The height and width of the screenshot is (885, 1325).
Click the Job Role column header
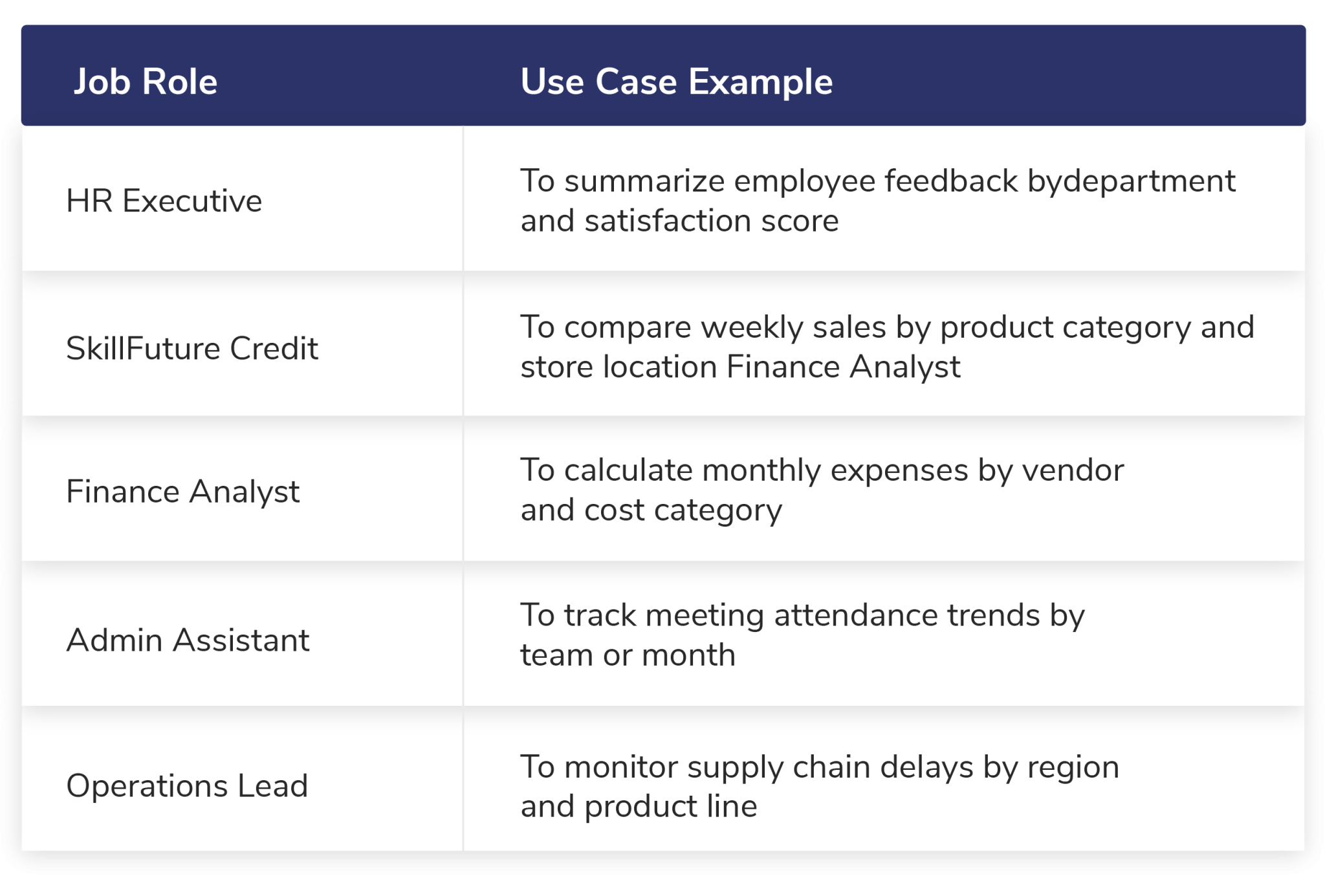click(146, 82)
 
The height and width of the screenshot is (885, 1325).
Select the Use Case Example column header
click(676, 82)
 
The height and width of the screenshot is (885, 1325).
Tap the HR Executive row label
click(164, 201)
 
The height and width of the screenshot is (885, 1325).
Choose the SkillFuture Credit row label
click(192, 348)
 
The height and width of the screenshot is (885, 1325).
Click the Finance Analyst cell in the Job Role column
click(182, 492)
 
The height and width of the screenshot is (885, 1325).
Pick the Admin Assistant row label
click(188, 640)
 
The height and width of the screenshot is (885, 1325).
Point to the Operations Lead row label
click(187, 786)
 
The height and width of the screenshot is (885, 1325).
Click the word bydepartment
click(1132, 182)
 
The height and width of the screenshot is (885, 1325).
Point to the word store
click(556, 367)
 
